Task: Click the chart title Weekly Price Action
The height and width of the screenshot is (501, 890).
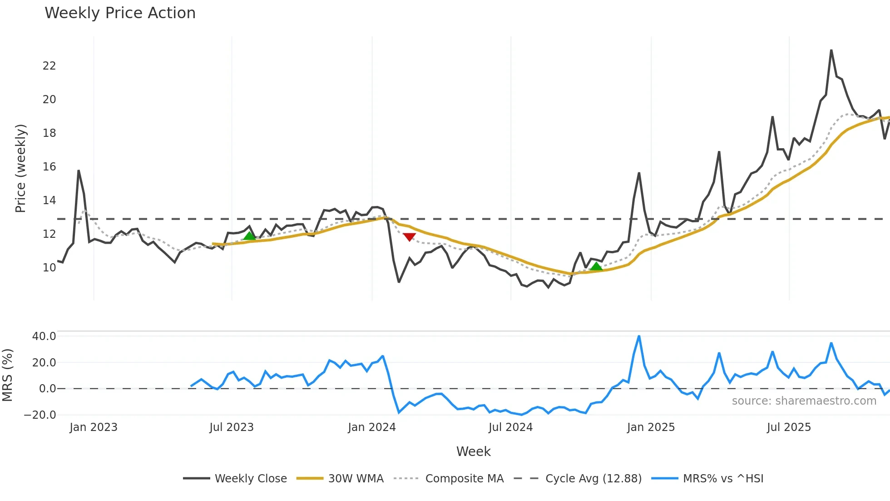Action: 120,13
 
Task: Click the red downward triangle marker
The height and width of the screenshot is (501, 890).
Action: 409,237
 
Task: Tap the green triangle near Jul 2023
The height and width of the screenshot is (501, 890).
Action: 249,235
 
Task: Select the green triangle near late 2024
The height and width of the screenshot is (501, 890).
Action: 596,266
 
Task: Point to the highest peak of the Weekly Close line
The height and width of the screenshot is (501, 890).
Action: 831,50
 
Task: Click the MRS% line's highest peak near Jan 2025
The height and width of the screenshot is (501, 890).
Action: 639,336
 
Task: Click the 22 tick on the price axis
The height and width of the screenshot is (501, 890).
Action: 49,66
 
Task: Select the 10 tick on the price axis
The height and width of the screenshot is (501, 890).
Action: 49,268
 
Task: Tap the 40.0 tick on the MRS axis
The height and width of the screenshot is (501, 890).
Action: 44,336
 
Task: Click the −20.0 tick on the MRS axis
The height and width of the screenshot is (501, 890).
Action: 40,415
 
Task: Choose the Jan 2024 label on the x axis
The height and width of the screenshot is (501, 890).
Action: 371,427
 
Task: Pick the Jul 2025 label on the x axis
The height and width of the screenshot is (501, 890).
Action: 788,427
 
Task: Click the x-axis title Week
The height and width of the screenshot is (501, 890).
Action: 473,451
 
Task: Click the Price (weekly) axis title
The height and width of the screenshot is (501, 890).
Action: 20,168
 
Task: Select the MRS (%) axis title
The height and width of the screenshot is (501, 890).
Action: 7,375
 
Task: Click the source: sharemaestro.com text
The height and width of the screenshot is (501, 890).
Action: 804,401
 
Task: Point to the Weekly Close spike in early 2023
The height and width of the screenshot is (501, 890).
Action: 79,171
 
